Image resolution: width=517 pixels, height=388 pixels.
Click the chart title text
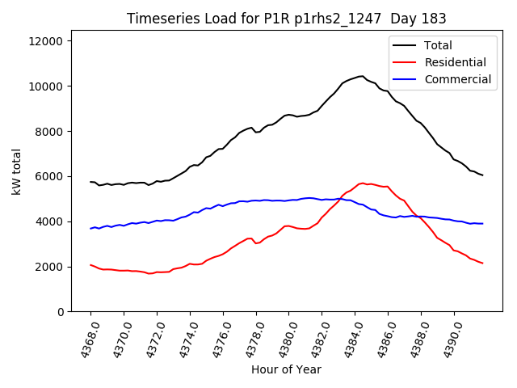click(286, 19)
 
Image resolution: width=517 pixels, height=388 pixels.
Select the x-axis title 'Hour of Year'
click(286, 369)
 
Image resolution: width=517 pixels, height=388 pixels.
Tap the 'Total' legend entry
click(438, 45)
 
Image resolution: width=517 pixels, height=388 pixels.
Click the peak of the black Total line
click(361, 76)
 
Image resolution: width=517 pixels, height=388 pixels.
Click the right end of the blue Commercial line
click(482, 224)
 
